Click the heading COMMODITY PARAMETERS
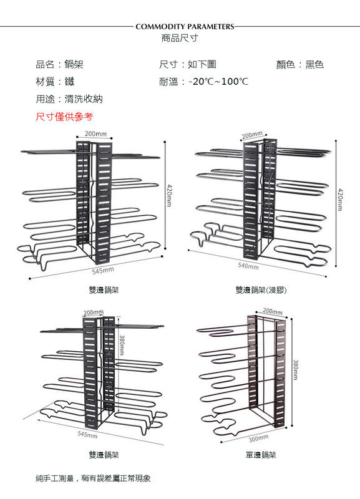pos(185,27)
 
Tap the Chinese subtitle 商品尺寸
pos(180,38)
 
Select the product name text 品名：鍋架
pos(59,64)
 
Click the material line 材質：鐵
pos(55,82)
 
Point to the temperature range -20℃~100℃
pos(218,82)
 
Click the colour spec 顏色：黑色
pos(300,64)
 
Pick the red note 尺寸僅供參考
pos(64,117)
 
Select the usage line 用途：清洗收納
pos(69,99)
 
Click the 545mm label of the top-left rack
pos(103,271)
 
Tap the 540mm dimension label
pos(248,266)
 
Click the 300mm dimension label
pos(258,438)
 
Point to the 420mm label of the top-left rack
pos(169,195)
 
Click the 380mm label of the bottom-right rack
pos(295,369)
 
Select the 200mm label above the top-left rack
pos(95,134)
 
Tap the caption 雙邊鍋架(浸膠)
pos(261,290)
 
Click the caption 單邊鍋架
pos(261,455)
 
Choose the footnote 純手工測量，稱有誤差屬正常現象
pos(93,478)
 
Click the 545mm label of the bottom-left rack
pos(87,434)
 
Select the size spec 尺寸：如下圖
pos(187,64)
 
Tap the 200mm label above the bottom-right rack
pos(273,311)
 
